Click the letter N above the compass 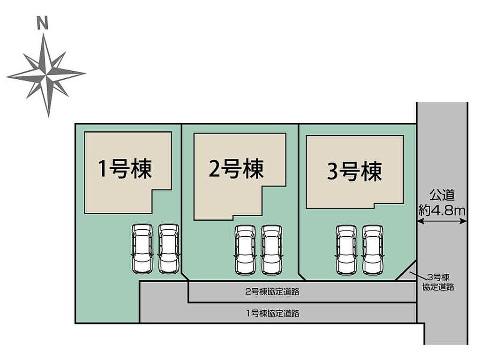point(43,23)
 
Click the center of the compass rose point(46,75)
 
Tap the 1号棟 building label point(125,169)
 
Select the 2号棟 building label point(236,168)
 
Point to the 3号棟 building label point(354,172)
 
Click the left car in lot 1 point(142,249)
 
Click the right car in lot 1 point(169,249)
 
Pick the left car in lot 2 point(245,250)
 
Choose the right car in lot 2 point(271,250)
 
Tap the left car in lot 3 point(346,250)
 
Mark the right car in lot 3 point(373,250)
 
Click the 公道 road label point(442,195)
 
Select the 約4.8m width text point(442,210)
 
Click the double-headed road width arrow point(442,221)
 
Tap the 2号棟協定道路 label point(272,292)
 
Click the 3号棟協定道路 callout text point(438,282)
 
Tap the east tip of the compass point(85,73)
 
